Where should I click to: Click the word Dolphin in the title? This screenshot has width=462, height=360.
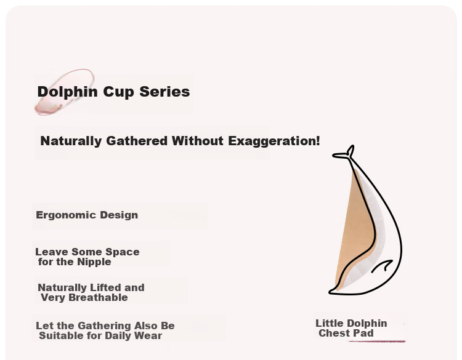coord(68,92)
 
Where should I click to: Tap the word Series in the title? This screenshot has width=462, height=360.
coord(164,92)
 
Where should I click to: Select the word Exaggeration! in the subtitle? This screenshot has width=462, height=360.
coord(274,142)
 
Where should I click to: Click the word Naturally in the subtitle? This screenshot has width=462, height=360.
coord(71,142)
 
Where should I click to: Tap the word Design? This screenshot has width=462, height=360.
coord(119,215)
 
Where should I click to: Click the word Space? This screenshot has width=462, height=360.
coord(123,252)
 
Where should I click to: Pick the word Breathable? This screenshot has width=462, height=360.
coord(98,297)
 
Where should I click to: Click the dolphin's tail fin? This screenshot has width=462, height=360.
coord(344,153)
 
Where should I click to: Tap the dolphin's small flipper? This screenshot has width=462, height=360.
coord(382,266)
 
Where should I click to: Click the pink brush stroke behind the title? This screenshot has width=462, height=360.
coord(64,92)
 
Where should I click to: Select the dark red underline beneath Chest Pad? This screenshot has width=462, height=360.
coord(376,341)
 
